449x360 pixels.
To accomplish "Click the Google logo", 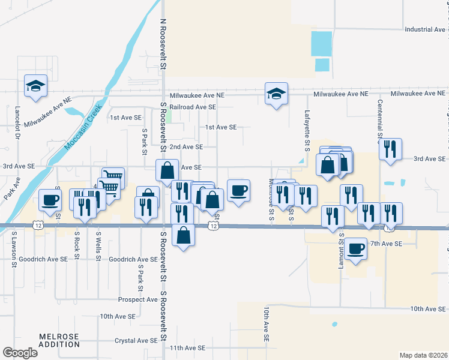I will pyautogui.click(x=20, y=352).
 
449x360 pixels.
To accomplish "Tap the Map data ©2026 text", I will pyautogui.click(x=423, y=355).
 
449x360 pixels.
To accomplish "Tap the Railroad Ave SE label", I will pyautogui.click(x=193, y=107).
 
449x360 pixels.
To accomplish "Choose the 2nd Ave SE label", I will pyautogui.click(x=186, y=146).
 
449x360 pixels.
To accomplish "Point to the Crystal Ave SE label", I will pyautogui.click(x=136, y=340).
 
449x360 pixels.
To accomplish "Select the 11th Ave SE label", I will pyautogui.click(x=187, y=348).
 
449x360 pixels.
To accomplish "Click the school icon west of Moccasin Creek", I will pyautogui.click(x=35, y=86).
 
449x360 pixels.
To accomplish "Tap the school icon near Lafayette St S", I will pyautogui.click(x=276, y=94).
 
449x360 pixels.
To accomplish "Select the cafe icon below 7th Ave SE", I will pyautogui.click(x=355, y=248).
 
